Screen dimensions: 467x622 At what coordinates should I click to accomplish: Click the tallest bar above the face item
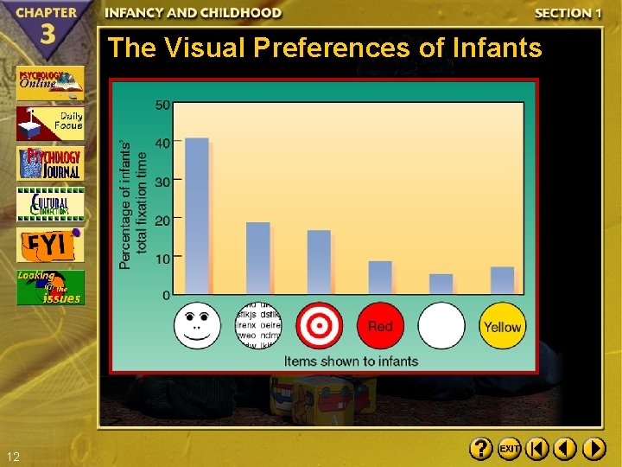click(197, 216)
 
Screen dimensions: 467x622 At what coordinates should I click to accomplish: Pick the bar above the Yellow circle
click(502, 280)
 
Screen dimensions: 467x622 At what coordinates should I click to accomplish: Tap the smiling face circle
click(197, 325)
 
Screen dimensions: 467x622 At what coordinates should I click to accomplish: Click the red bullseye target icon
click(319, 326)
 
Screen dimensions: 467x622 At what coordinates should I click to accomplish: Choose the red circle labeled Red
click(380, 326)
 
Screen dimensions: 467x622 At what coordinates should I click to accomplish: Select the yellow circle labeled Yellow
click(502, 326)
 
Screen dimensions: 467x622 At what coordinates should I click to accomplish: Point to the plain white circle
click(441, 326)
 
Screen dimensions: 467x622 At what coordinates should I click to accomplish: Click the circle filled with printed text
click(258, 326)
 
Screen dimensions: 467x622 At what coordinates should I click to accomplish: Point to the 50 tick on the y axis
click(162, 106)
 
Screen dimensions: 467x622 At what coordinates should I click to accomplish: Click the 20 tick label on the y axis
click(162, 220)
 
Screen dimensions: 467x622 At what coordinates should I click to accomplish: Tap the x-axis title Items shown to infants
click(351, 361)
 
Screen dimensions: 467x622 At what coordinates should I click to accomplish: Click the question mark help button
click(480, 449)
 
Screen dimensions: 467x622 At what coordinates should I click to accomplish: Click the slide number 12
click(12, 457)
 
